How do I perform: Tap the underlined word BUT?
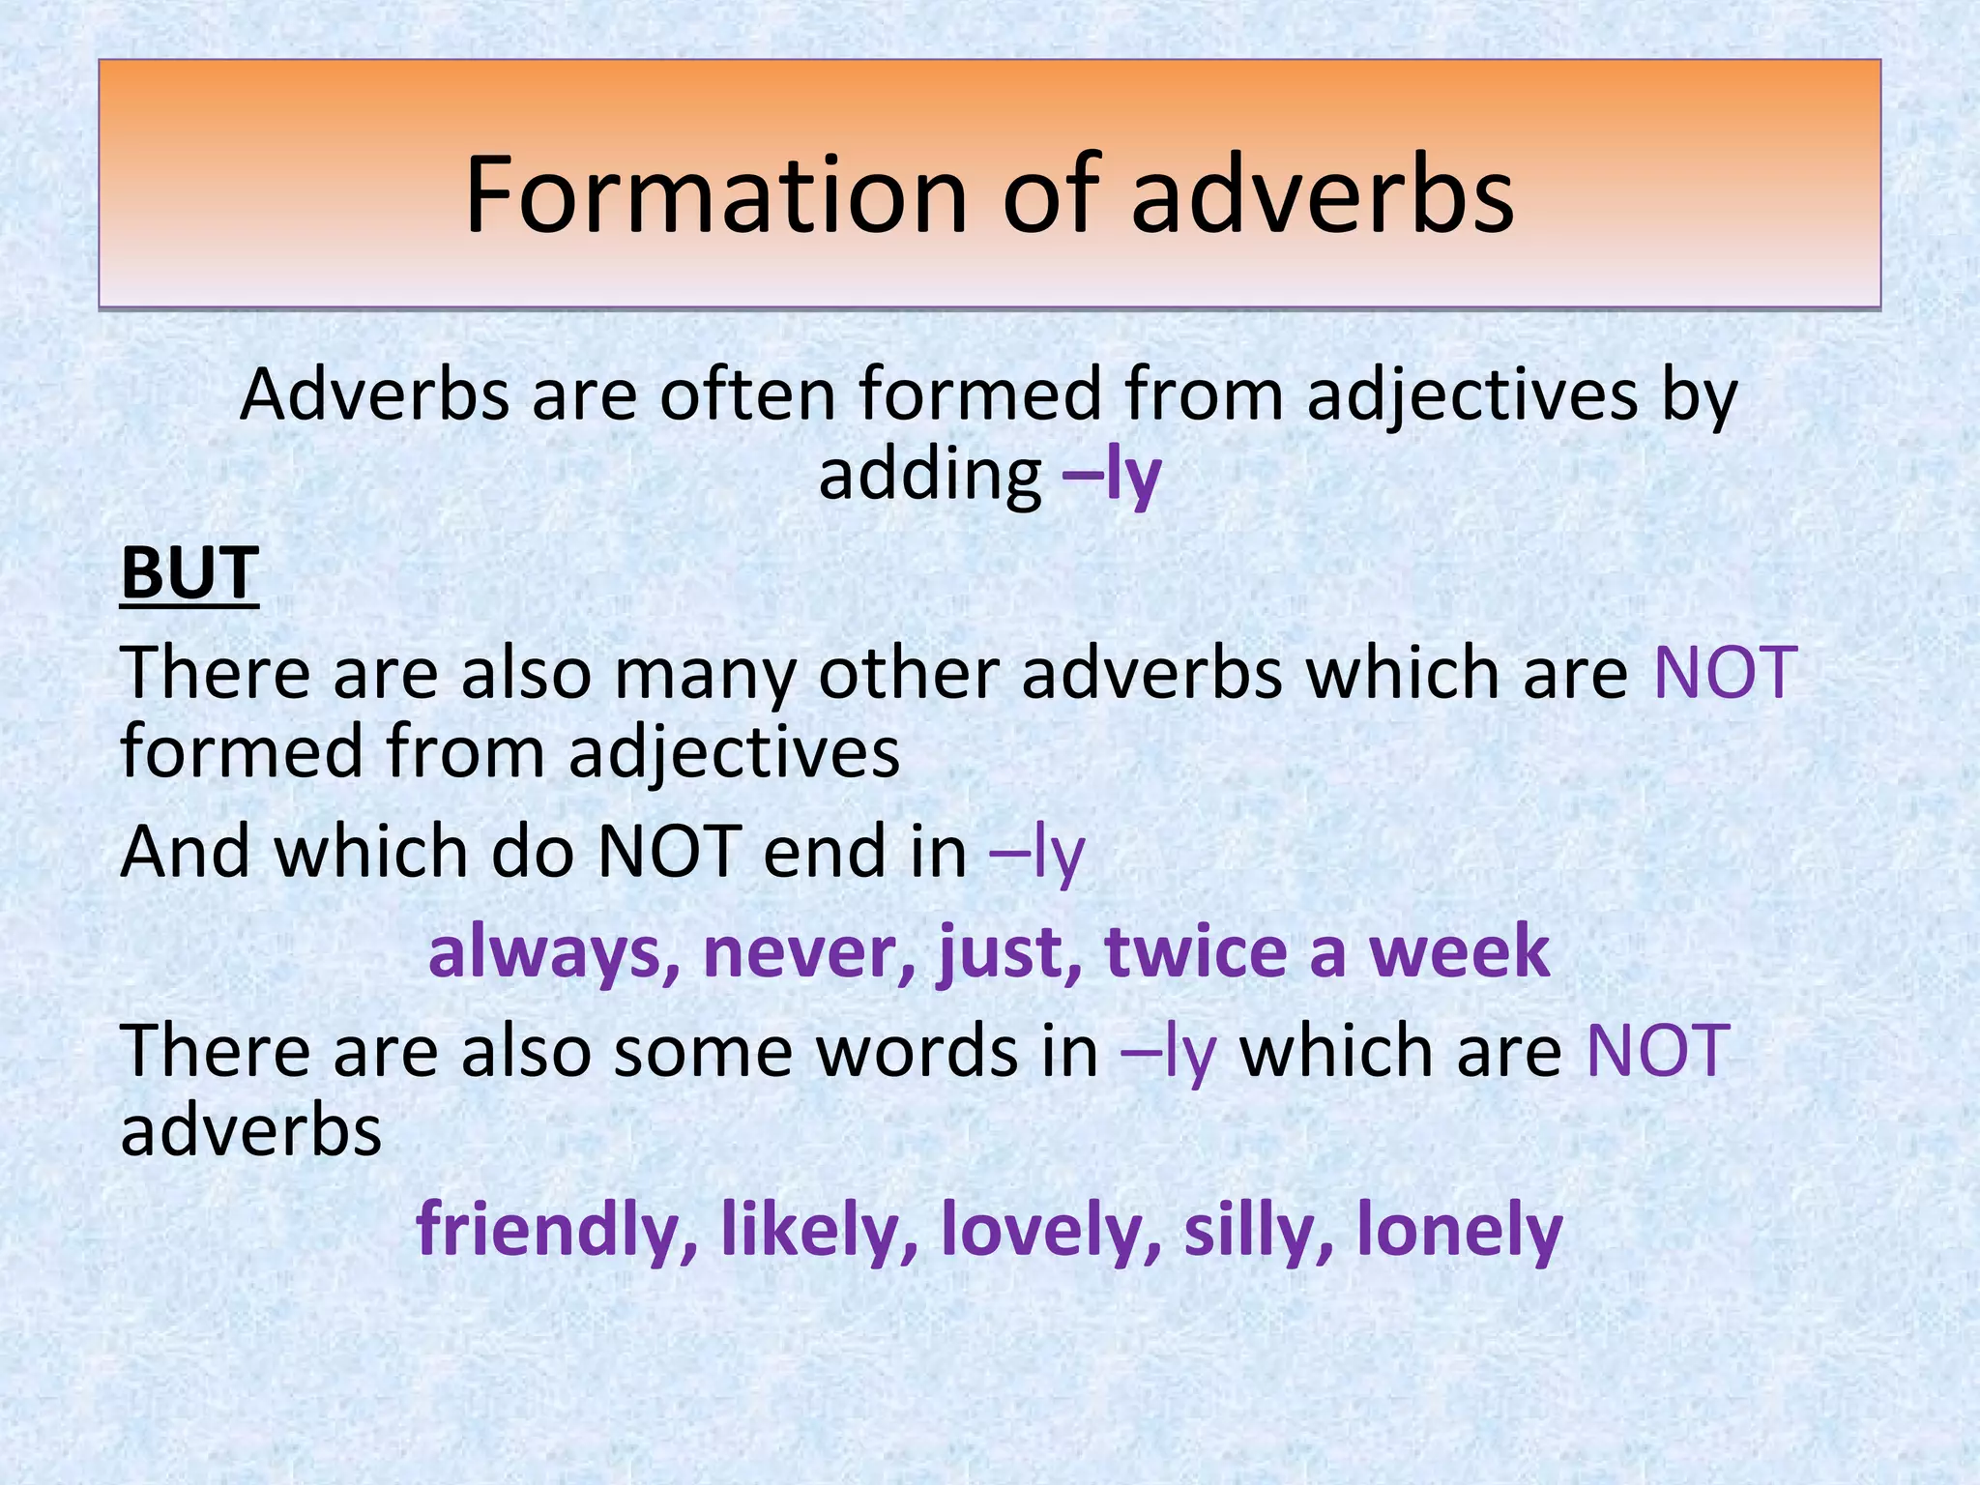tap(189, 573)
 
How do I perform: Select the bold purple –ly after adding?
tap(1111, 475)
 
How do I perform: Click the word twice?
tap(1195, 952)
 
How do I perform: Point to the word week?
tap(1459, 952)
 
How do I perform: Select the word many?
tap(704, 674)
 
